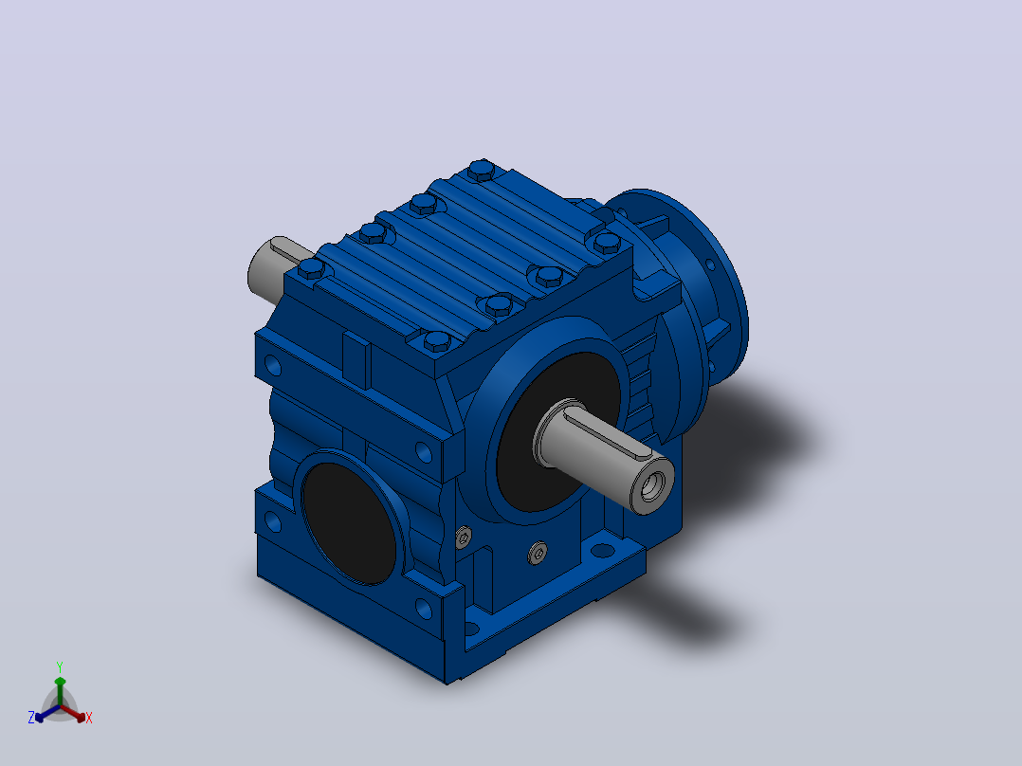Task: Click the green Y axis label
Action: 60,666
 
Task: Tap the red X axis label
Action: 89,718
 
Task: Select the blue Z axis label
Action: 31,718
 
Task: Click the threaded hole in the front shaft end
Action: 652,486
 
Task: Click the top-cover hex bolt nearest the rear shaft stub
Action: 312,268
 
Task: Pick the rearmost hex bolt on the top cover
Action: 481,170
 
